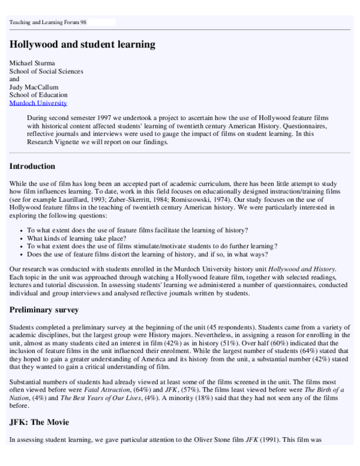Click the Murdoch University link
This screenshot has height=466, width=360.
point(38,103)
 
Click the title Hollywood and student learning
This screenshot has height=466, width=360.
point(82,44)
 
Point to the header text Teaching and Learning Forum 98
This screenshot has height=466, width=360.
point(48,22)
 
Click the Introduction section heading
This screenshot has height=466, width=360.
point(32,166)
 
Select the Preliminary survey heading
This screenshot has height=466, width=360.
point(44,309)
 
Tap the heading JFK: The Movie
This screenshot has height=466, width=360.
point(39,422)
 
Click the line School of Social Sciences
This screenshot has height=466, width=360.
point(46,71)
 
